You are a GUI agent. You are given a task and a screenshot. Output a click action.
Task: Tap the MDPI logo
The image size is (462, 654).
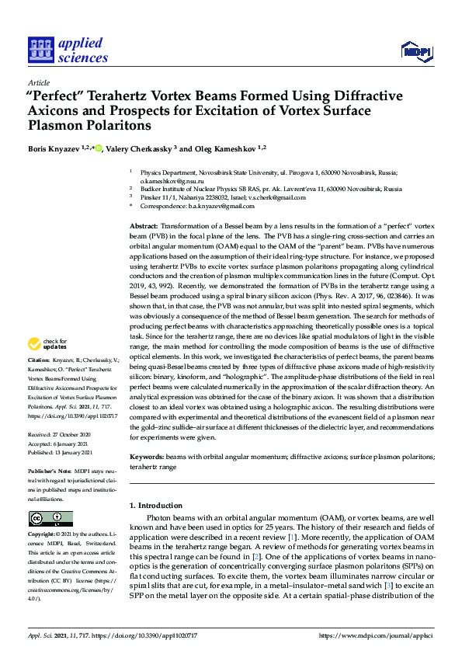(x=415, y=51)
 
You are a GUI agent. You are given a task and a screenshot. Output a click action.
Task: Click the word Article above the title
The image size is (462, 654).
(x=38, y=82)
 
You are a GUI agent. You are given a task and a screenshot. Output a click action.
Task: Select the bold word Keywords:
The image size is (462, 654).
(x=147, y=457)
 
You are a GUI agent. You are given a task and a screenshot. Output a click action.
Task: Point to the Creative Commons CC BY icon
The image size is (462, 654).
(x=50, y=519)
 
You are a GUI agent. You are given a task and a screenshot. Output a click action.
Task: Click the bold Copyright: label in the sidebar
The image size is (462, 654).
(x=43, y=534)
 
